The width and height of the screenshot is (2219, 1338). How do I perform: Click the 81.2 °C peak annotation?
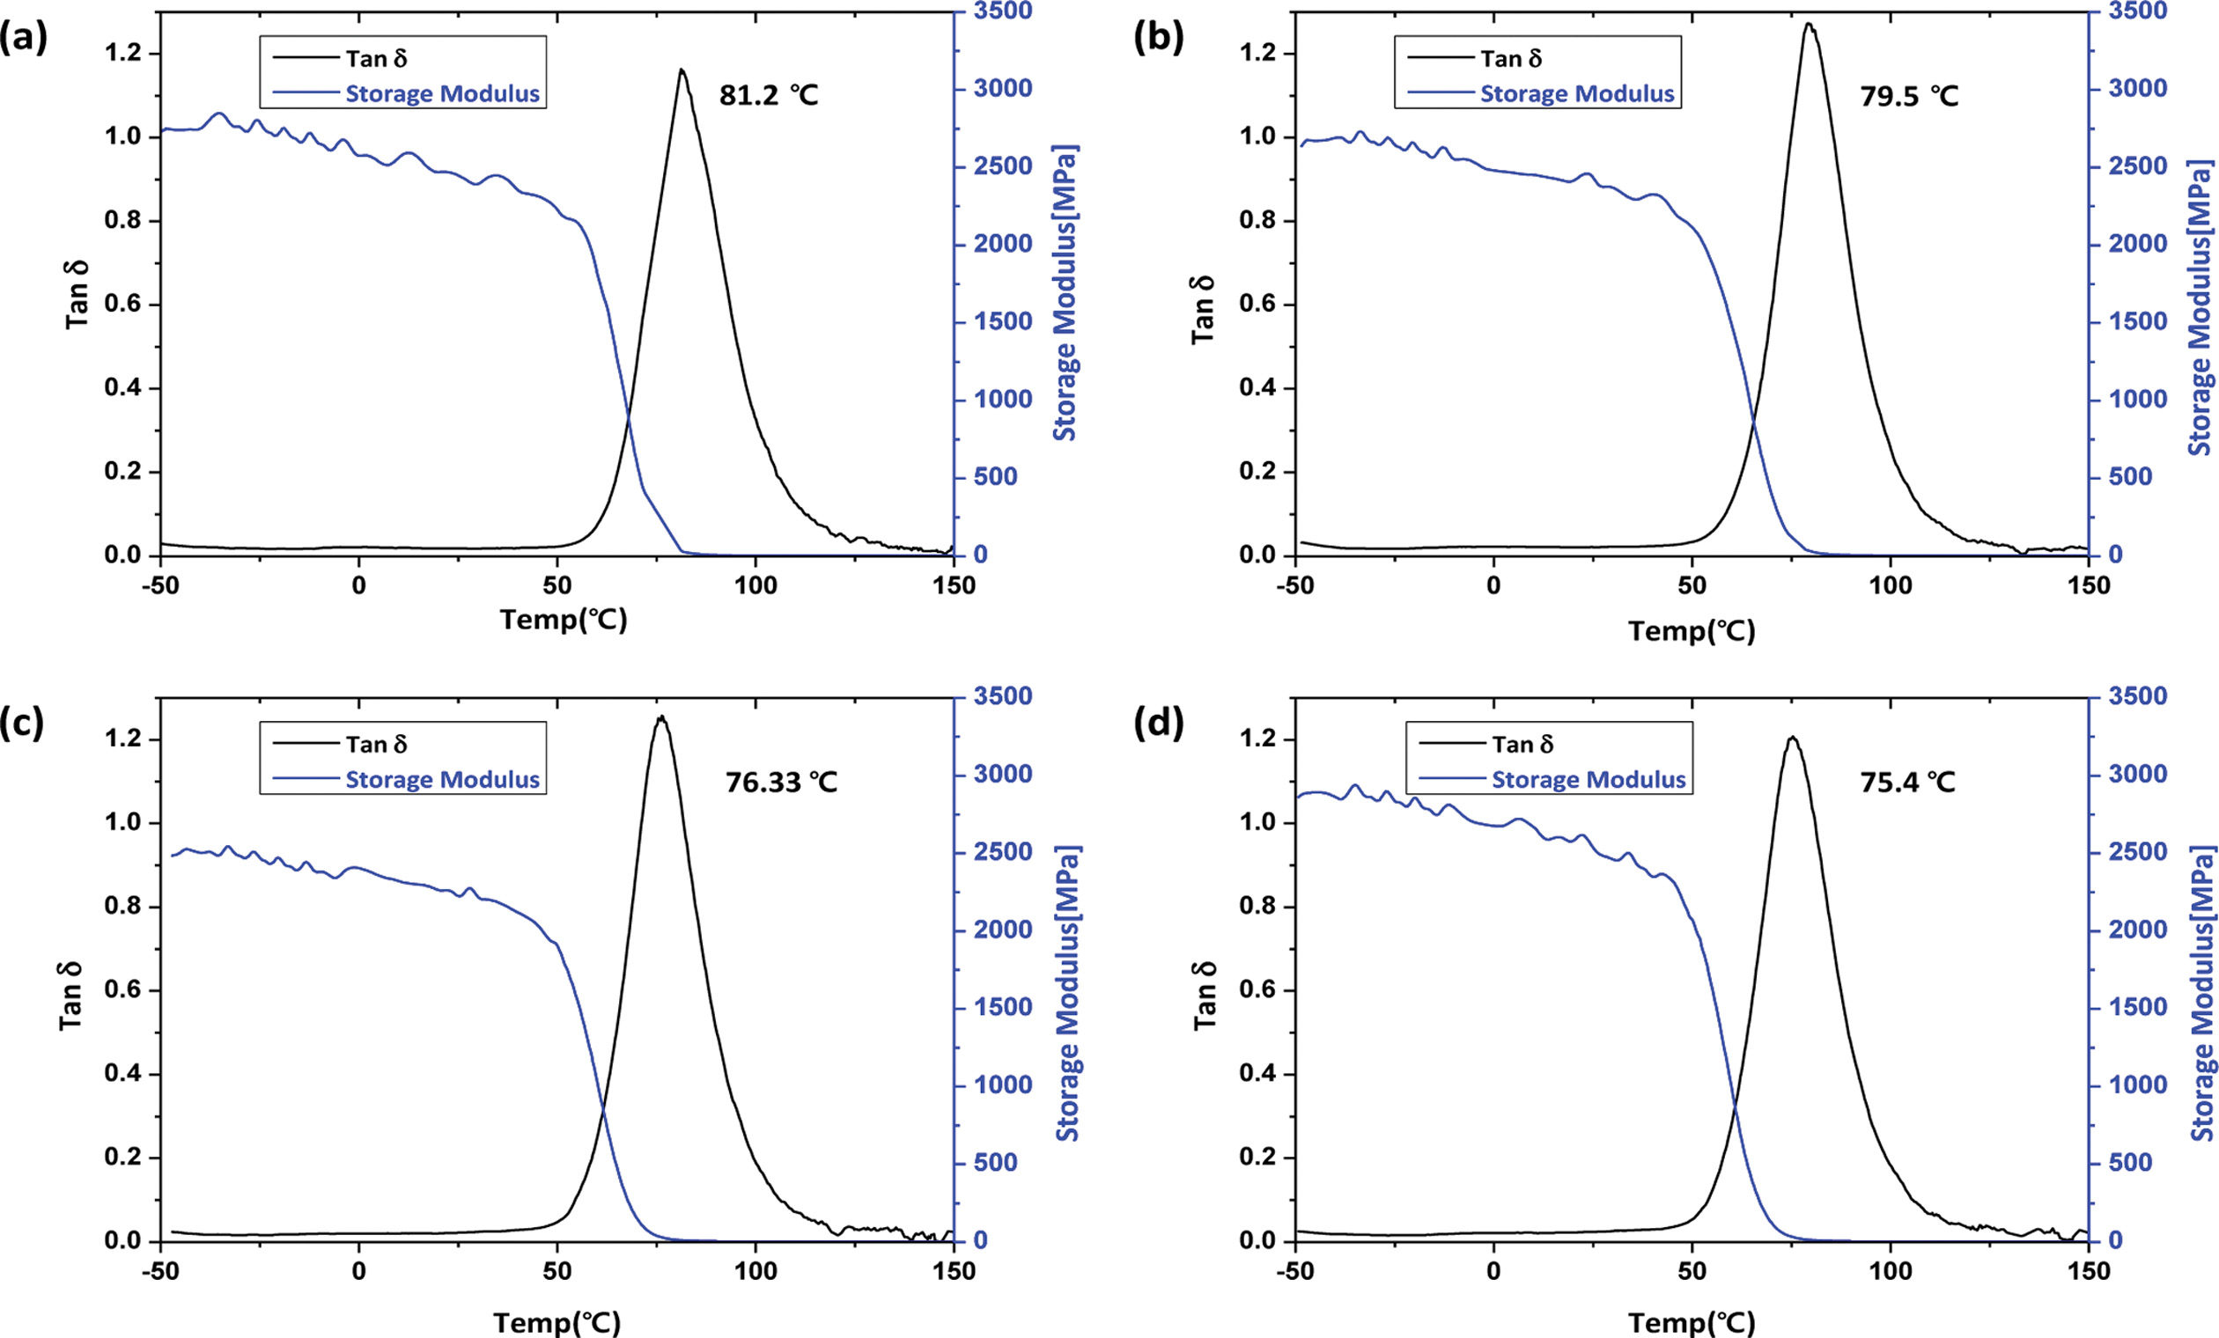768,94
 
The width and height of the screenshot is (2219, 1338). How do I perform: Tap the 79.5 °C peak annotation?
1909,95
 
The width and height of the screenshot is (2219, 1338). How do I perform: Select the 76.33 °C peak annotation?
781,782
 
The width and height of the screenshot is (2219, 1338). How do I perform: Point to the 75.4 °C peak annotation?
1907,782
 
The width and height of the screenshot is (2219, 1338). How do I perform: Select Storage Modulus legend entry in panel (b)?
1577,93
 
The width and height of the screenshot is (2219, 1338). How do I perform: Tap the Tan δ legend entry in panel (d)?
1522,745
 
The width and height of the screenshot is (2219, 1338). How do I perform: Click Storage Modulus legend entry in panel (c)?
442,780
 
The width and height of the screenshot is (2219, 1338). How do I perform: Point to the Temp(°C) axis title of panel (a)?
564,620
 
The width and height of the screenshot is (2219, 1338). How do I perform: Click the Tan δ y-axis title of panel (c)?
70,995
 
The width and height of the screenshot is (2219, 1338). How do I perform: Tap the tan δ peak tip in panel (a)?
682,70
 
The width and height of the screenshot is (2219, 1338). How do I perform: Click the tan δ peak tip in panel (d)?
1793,738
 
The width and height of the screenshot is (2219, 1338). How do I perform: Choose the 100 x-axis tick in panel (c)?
755,1271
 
